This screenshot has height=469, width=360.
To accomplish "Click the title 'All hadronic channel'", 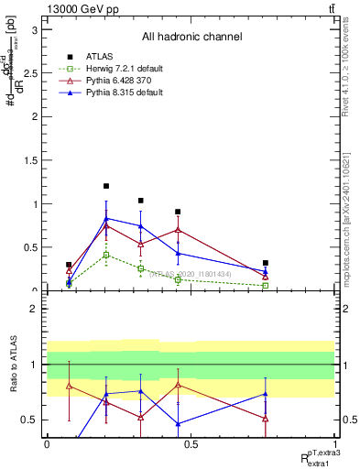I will point(191,38).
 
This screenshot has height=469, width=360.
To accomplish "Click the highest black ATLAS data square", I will point(106,186).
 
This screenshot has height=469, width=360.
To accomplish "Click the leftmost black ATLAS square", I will point(69,265).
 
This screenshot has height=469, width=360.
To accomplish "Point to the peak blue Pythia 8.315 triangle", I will point(106,219).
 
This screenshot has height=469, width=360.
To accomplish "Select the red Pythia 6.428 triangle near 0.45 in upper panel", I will point(178,229).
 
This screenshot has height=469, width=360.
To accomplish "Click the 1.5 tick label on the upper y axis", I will point(35,160).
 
